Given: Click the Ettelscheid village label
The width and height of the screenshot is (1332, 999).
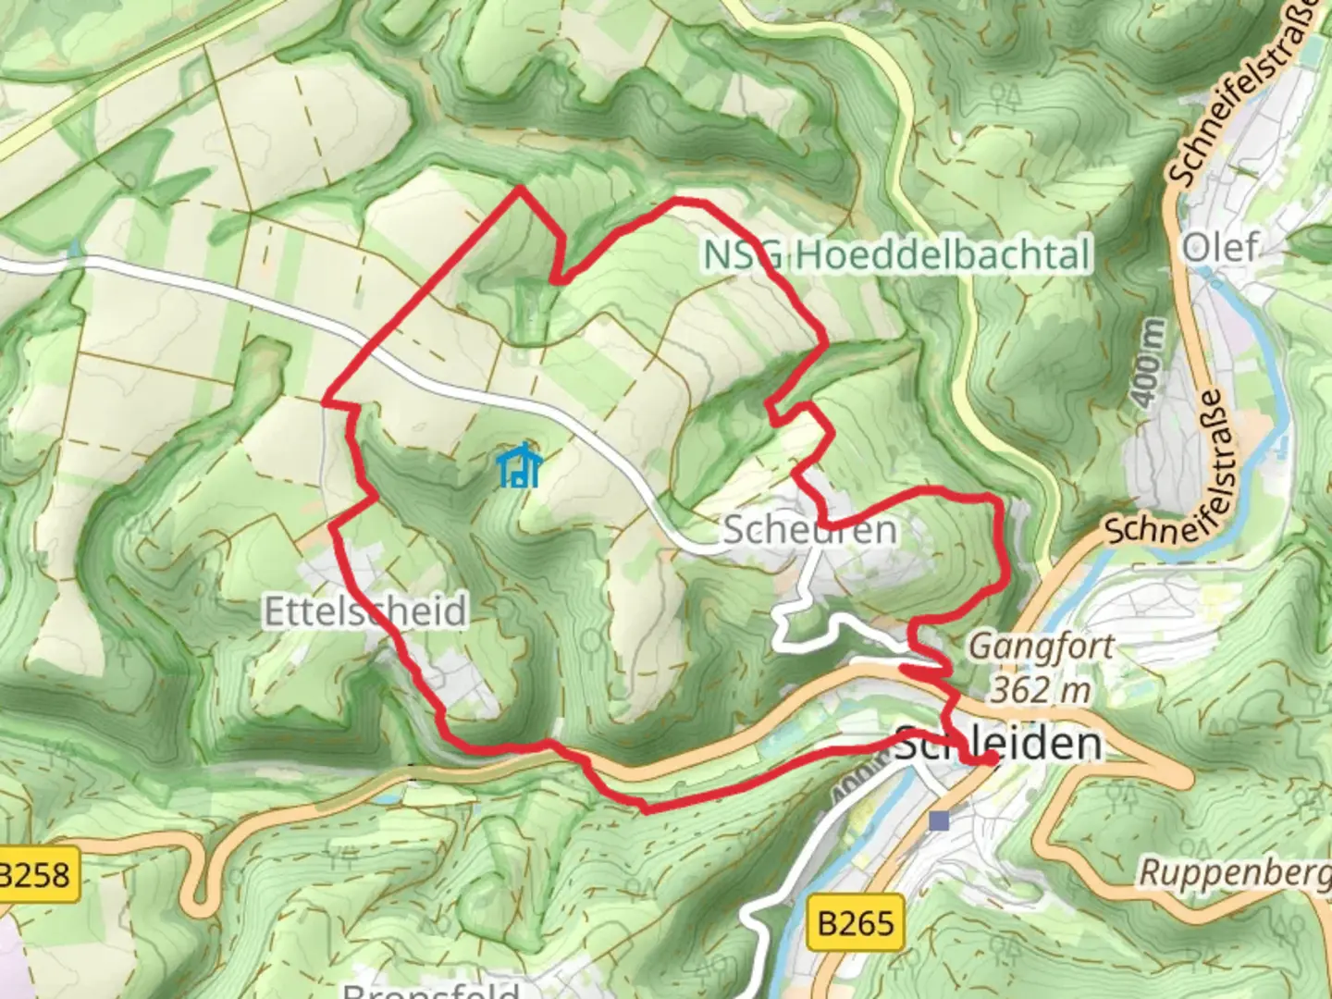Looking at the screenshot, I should coord(365,611).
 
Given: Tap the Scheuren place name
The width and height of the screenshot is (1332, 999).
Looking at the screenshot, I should coord(809,530).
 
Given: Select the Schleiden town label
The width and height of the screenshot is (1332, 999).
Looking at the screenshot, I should coord(999,743).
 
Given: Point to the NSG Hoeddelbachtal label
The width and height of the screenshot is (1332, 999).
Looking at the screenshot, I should coord(897,254).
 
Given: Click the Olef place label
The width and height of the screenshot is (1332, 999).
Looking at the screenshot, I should coord(1221,247).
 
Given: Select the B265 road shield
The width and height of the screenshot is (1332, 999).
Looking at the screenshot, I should coord(857,922).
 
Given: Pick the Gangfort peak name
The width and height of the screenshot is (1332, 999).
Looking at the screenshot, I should coord(1041,646).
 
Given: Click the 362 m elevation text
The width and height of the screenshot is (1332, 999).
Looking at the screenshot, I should coord(1041,689).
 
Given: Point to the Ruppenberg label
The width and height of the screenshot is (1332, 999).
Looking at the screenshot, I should coord(1235,872).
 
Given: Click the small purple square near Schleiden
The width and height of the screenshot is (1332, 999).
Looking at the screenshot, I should coord(941,820).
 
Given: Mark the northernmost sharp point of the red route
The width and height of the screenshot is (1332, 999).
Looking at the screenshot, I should coord(521,188).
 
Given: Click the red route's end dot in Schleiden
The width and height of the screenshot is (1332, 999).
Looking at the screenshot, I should coord(990,758).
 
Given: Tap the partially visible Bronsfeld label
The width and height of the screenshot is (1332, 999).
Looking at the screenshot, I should coord(431,990).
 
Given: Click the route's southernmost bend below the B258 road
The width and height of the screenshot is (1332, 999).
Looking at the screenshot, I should coord(646,810).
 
